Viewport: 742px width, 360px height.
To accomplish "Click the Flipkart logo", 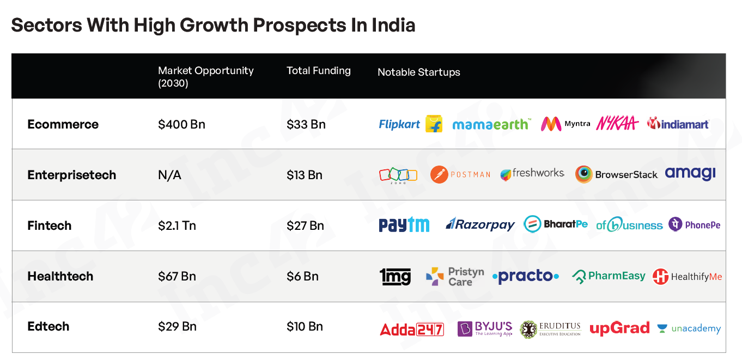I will (x=410, y=124).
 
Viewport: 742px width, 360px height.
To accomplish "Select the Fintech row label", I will (x=50, y=225).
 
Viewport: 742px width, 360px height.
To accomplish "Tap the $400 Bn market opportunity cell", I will (x=181, y=124).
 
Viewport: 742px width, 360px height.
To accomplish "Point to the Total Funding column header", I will (x=319, y=71).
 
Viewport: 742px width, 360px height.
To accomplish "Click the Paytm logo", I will (x=404, y=225).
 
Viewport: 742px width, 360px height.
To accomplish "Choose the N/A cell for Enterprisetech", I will (x=169, y=175).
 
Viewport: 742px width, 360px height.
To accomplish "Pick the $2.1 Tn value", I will (x=177, y=225).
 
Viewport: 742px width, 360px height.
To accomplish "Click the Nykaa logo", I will (x=617, y=124).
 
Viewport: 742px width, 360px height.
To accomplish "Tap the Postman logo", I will (x=460, y=174).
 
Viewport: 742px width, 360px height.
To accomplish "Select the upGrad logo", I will (x=619, y=328).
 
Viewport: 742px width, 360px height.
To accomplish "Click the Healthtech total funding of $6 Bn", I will (x=302, y=276).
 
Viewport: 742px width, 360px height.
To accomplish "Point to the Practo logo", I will (x=525, y=276).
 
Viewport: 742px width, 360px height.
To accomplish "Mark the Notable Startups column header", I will (x=418, y=72).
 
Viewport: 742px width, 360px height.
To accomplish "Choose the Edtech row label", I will (x=48, y=326).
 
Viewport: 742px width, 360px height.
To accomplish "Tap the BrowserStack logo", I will (x=616, y=174).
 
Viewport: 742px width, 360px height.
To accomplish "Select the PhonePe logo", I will (x=695, y=224).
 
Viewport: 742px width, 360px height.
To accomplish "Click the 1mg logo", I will (x=396, y=277).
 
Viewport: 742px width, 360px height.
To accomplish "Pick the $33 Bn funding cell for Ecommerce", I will (x=306, y=124).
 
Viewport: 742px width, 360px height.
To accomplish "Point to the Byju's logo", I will (x=485, y=328).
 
